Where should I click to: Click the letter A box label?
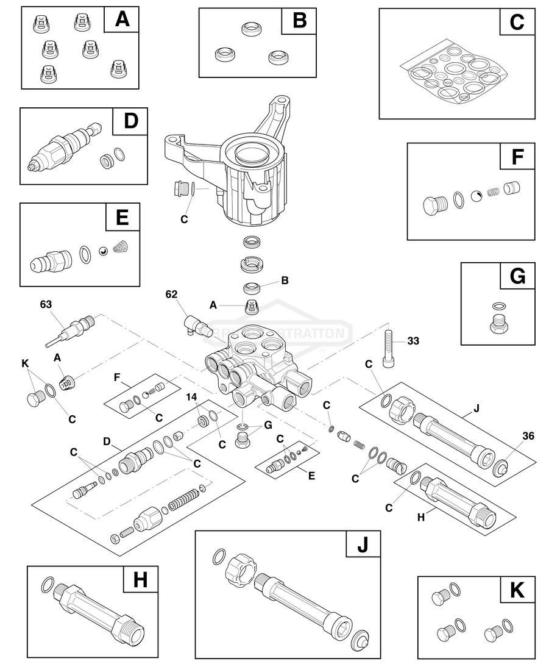122,20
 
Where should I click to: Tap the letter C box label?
517,23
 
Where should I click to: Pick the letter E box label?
122,217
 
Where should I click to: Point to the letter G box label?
517,276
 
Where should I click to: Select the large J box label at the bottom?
363,544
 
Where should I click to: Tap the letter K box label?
517,590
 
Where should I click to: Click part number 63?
46,303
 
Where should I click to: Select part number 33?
414,340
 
